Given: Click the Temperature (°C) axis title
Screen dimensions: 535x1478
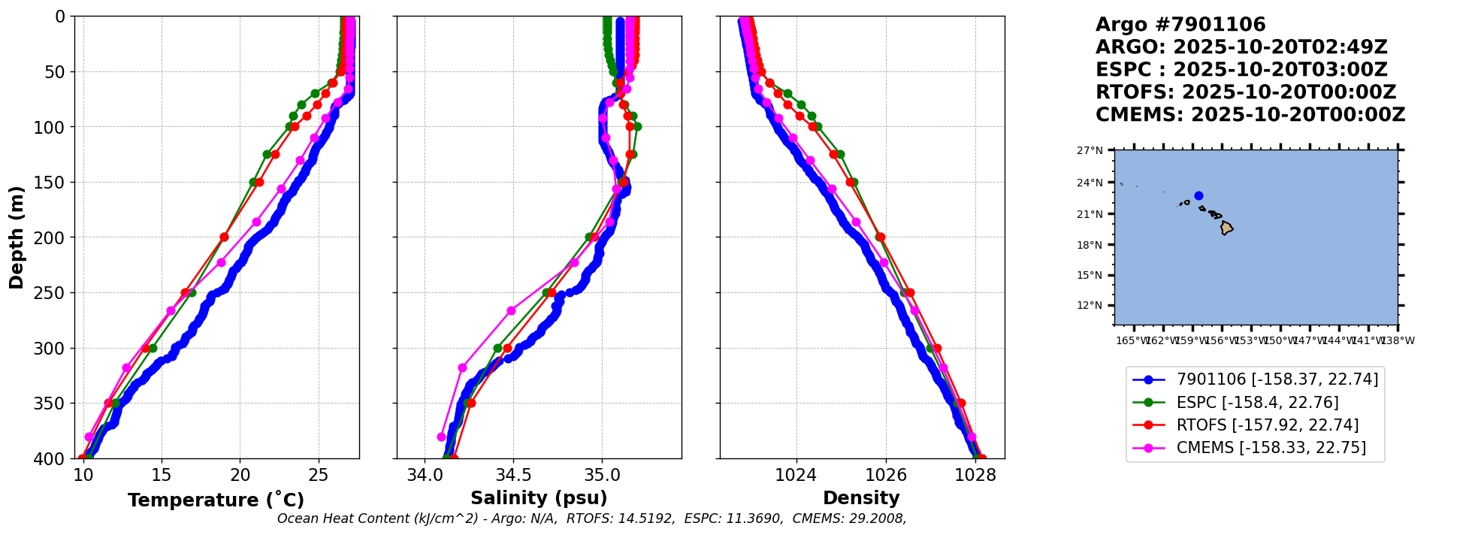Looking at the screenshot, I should tap(216, 500).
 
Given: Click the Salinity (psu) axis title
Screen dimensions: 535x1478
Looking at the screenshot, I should tap(539, 498).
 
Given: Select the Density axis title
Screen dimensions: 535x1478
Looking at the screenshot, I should tap(861, 498).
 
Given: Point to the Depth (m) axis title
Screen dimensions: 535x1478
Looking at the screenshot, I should tap(17, 237).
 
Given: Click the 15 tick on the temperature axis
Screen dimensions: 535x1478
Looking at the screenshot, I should tap(162, 476).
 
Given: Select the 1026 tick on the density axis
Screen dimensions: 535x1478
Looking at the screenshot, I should tap(885, 476).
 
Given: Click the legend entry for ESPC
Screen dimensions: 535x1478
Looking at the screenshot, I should tap(1257, 403).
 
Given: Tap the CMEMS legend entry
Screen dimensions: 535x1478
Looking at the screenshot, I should tap(1271, 448).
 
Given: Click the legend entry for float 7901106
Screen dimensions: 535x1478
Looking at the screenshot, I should tap(1277, 380).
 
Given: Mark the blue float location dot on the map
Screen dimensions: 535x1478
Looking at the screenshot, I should tap(1198, 195).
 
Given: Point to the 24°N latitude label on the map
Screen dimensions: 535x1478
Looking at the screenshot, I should tap(1090, 183).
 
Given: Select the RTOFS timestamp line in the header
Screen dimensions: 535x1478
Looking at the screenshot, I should tap(1245, 92).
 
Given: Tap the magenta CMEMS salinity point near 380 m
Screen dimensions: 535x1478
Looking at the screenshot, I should tap(442, 437).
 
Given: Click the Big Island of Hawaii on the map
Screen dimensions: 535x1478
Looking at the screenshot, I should tap(1226, 228).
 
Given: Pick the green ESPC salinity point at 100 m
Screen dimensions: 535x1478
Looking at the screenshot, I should tap(637, 126).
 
